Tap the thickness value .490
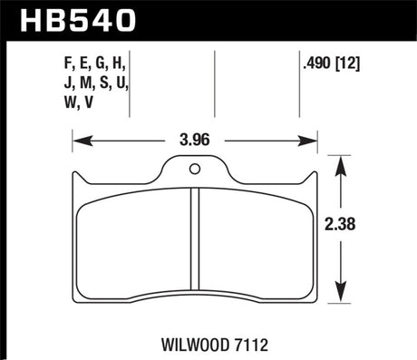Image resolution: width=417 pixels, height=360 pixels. [x=317, y=63]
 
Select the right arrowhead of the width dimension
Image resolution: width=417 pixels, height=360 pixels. [x=312, y=141]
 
